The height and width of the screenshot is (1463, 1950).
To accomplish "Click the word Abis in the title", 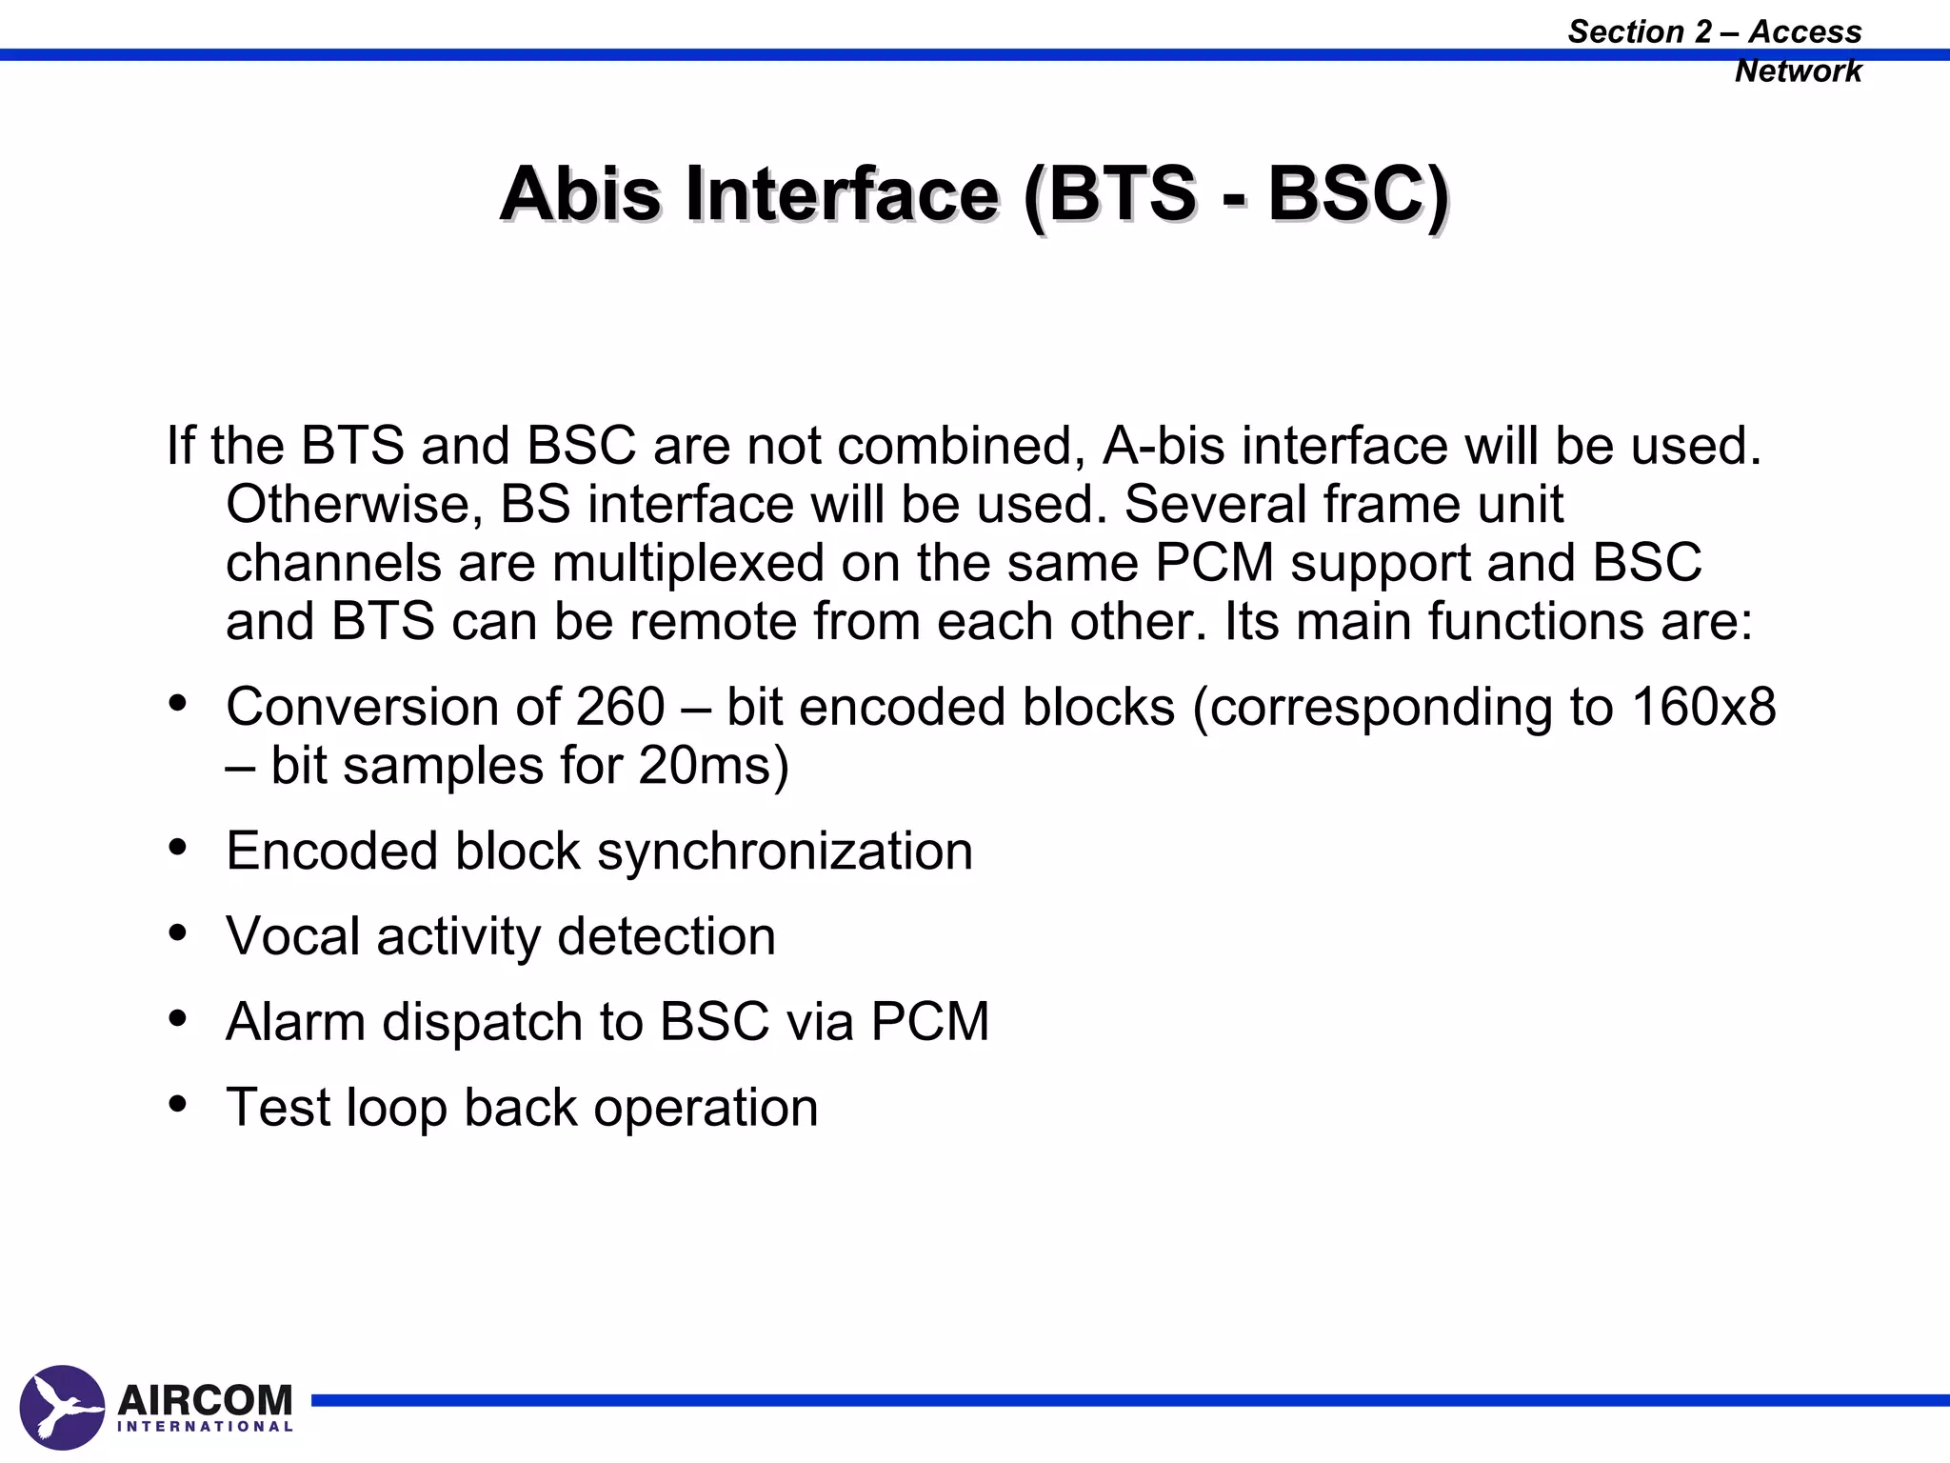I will click(580, 194).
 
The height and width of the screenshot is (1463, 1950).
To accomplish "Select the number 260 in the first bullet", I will click(620, 708).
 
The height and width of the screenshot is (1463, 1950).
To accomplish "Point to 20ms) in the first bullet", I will click(713, 766).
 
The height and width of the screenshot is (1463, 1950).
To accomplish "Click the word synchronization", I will click(785, 851).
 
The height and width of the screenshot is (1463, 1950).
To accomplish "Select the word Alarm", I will click(296, 1022).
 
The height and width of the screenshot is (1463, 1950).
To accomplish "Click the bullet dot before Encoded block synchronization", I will click(177, 847).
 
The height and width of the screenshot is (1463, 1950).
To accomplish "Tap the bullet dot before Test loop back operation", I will click(177, 1104).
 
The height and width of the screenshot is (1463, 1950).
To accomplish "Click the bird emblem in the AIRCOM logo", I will click(62, 1408).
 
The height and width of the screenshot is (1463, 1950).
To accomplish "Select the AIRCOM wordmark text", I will click(205, 1400).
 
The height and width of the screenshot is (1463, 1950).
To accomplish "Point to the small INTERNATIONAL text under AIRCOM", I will click(205, 1427).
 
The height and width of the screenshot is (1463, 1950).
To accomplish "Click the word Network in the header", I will click(1798, 71).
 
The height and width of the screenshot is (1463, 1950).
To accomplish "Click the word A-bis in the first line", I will click(1164, 446).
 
